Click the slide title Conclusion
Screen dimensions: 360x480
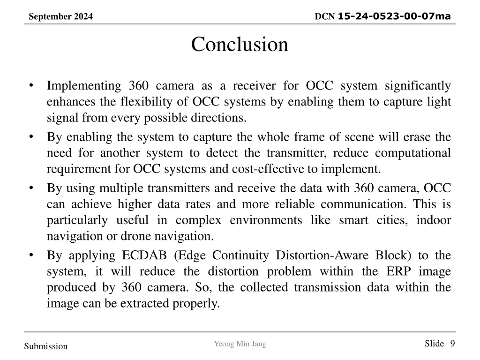pos(240,45)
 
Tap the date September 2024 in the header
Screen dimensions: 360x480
pos(60,17)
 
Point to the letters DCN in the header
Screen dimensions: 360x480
pos(325,17)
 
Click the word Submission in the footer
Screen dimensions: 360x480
pos(46,346)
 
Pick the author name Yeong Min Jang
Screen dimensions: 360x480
pos(240,344)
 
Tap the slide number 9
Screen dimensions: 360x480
pos(452,344)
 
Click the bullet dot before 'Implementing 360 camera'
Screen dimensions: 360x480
pos(31,85)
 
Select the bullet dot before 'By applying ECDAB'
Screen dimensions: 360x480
pos(31,255)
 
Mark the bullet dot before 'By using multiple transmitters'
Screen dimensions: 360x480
pos(31,188)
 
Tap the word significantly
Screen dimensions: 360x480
pos(418,86)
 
